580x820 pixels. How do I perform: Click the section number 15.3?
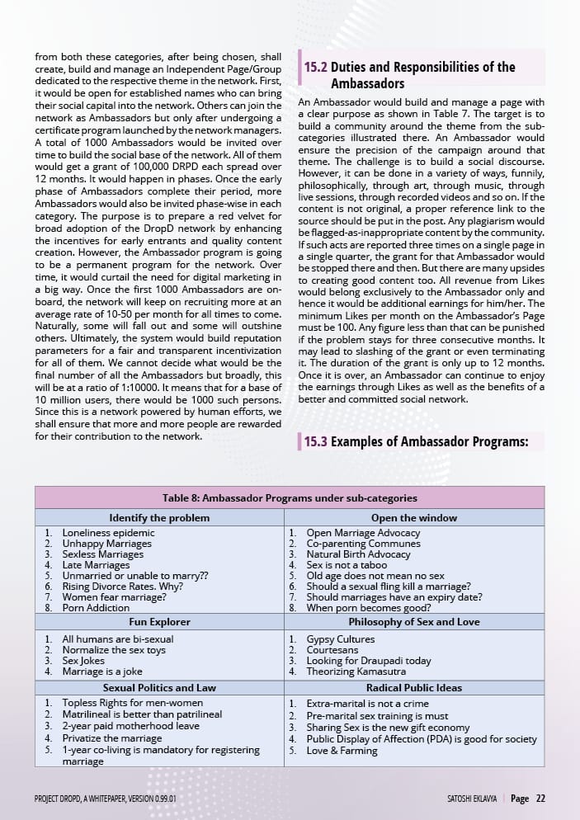click(x=315, y=441)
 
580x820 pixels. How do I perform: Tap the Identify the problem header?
click(x=159, y=518)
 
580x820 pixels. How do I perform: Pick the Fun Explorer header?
click(x=159, y=622)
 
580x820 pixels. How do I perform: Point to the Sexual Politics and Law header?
click(x=159, y=687)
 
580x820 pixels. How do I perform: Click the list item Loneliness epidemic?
click(x=108, y=533)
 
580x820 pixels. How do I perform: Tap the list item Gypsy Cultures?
click(x=340, y=639)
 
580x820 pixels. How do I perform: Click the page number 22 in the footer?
click(x=540, y=799)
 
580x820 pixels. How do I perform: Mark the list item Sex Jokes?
click(x=83, y=661)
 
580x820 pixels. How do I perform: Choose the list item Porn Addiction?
click(x=96, y=608)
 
